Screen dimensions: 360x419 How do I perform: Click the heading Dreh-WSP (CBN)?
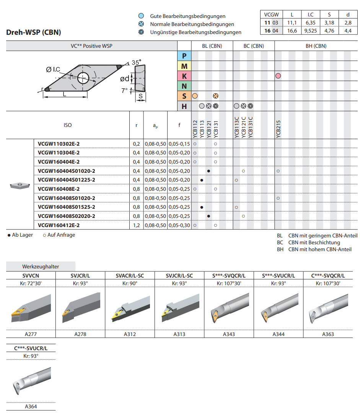[x=33, y=32]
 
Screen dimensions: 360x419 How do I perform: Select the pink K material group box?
[x=184, y=76]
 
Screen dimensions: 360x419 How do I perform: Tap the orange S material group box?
[x=184, y=96]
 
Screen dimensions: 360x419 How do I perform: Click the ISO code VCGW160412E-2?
[x=59, y=225]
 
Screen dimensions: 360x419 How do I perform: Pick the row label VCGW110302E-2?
[x=59, y=144]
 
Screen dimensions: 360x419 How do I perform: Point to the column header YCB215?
[x=279, y=129]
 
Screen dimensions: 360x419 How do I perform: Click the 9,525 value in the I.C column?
[x=311, y=31]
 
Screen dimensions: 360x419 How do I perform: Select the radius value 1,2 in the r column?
[x=137, y=225]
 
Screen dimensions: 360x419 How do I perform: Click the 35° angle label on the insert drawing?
[x=137, y=63]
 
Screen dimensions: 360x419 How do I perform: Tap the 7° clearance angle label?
[x=124, y=91]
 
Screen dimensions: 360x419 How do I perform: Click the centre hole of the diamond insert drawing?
[x=83, y=78]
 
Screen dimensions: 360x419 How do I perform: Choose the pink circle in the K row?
[x=278, y=76]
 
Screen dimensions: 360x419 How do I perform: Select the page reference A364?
[x=31, y=406]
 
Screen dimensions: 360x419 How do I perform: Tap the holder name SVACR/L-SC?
[x=130, y=276]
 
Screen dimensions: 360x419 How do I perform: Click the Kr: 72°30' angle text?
[x=31, y=283]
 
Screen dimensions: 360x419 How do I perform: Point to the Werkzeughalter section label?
[x=41, y=266]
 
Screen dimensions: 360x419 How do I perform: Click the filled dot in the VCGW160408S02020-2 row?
[x=209, y=216]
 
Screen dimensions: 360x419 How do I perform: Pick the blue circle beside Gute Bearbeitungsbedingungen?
[x=141, y=16]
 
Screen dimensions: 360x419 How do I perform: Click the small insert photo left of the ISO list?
[x=20, y=185]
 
